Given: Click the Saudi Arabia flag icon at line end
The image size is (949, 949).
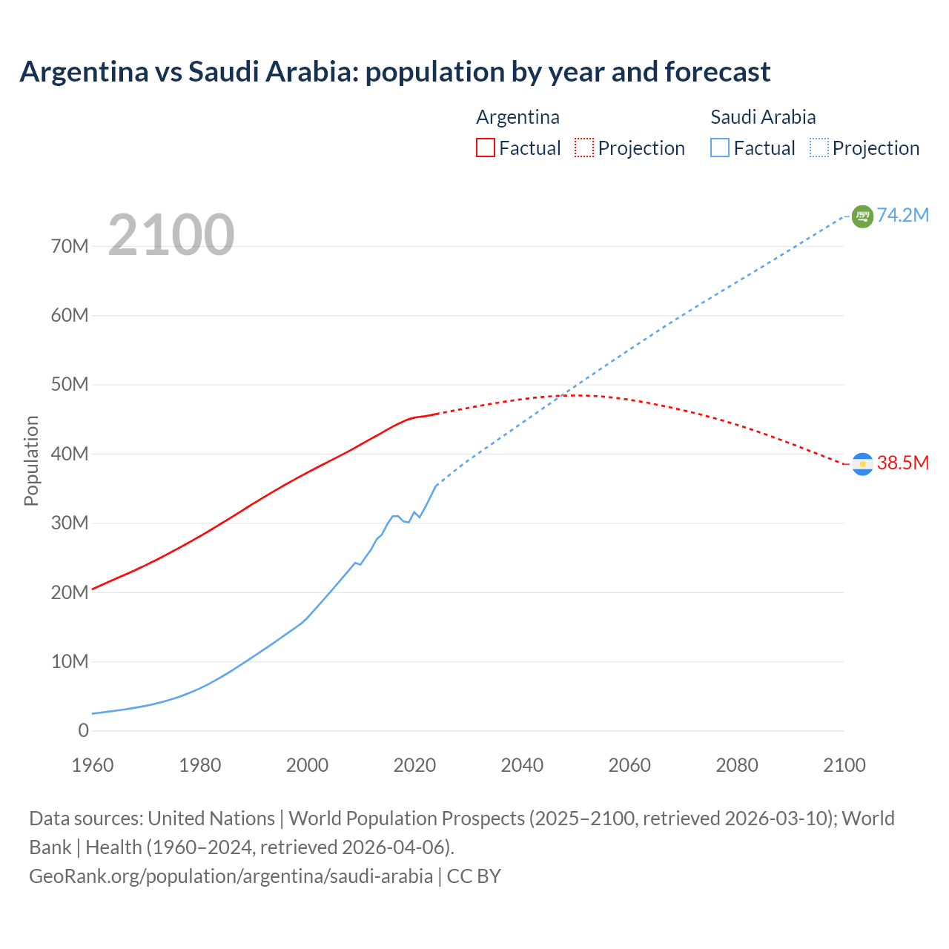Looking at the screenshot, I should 862,216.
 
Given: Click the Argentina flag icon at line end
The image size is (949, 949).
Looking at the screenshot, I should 862,463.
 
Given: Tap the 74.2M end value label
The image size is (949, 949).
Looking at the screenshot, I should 902,215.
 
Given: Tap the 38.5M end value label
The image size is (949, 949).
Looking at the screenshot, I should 902,463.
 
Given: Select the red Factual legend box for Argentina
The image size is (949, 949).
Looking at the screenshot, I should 485,148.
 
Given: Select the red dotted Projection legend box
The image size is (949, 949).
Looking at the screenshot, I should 584,148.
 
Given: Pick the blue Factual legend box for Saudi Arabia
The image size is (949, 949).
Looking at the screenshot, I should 720,148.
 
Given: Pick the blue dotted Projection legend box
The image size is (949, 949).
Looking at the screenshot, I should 819,148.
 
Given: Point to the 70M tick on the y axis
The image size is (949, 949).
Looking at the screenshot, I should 70,246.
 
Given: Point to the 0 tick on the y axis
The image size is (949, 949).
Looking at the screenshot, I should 83,730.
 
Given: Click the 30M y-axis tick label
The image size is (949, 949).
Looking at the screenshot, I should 70,523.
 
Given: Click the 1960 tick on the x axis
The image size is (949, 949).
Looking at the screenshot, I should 93,765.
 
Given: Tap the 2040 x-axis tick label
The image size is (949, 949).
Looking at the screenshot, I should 522,765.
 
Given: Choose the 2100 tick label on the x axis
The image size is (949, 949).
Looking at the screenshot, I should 844,765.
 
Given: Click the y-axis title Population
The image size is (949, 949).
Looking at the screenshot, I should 31,460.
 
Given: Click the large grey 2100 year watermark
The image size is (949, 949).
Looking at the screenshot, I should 171,235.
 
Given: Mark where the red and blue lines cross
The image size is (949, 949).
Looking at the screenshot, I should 567,394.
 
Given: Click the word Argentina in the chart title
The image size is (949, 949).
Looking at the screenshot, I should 84,72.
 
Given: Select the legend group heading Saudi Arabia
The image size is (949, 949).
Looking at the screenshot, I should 763,117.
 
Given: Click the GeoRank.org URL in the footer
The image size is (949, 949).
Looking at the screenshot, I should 231,876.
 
